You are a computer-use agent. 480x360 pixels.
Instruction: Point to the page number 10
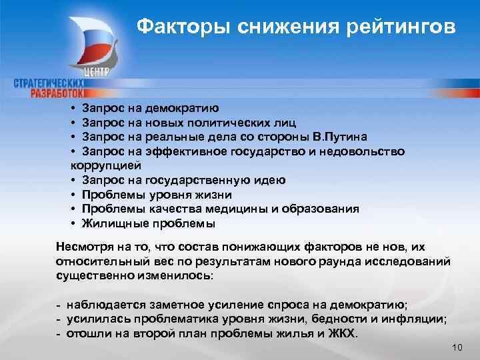[457, 347]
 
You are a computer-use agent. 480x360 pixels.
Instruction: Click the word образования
[326, 209]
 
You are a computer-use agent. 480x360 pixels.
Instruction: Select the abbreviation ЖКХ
[343, 331]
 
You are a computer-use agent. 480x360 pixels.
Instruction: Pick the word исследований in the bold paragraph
[414, 262]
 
